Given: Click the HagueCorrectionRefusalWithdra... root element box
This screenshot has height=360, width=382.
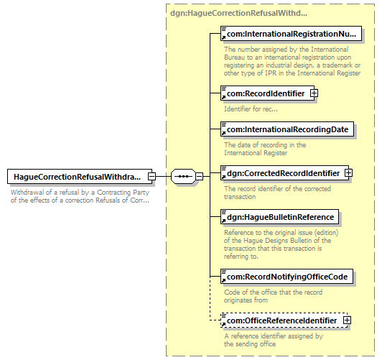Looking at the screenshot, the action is pos(80,177).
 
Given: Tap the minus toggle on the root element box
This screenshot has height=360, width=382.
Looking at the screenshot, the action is pos(152,176).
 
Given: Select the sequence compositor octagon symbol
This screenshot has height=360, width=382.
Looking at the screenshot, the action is pos(183,176).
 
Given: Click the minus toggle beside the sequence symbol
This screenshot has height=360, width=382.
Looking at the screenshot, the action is pos(200,176).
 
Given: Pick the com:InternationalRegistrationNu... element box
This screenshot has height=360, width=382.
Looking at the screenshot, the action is pos(291,34).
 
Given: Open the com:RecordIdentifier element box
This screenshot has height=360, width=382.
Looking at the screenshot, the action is pos(268,93).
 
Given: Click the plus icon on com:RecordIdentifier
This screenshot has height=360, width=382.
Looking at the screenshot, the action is pos(314,93).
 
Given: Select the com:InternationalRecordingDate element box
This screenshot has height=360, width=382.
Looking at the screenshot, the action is pos(287,129).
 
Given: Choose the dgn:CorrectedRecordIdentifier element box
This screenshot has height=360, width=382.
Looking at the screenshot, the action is pos(285,173).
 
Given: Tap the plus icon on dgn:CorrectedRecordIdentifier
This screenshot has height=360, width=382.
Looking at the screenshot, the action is pos(348,172).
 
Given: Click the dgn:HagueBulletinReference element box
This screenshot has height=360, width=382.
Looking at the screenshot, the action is pos(280,217).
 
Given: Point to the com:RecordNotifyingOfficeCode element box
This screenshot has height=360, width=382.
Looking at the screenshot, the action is pos(286,277).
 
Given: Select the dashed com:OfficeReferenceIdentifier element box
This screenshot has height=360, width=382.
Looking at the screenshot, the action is pos(284,320).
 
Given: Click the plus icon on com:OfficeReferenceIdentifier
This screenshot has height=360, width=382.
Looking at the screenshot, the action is pos(347,320).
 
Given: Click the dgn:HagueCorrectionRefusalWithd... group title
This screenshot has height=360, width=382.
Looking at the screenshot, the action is pos(238,13).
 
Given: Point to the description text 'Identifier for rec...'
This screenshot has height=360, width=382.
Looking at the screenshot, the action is pos(251,109).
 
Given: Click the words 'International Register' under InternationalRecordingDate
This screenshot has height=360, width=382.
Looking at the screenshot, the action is pos(256,153).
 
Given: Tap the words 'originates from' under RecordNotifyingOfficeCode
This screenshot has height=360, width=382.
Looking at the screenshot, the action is pos(246,300).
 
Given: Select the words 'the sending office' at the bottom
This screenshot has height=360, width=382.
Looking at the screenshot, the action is pos(250,344).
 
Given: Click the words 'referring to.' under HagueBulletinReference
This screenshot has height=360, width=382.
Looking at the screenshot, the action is pos(241,257).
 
